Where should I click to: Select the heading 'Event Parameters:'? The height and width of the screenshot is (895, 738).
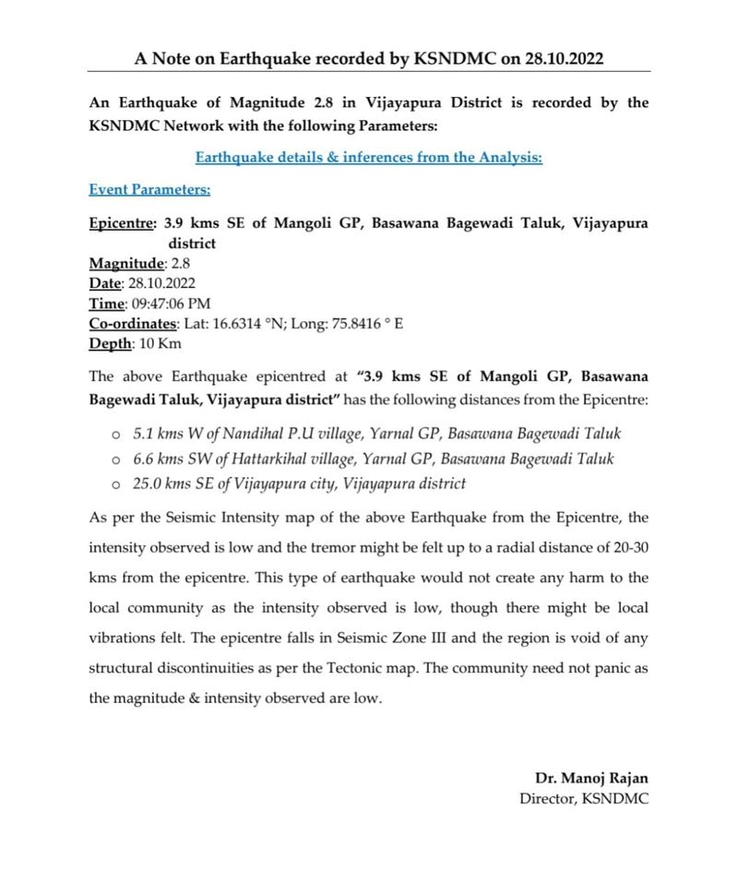tap(149, 190)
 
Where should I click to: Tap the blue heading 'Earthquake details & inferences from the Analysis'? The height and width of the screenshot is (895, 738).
tap(369, 158)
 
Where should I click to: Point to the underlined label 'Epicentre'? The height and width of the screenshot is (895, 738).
tap(122, 223)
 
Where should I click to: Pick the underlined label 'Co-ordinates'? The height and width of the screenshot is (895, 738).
tap(132, 323)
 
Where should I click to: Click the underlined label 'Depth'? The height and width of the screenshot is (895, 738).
tap(110, 343)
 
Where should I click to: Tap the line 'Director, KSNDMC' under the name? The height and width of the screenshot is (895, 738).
tap(584, 799)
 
